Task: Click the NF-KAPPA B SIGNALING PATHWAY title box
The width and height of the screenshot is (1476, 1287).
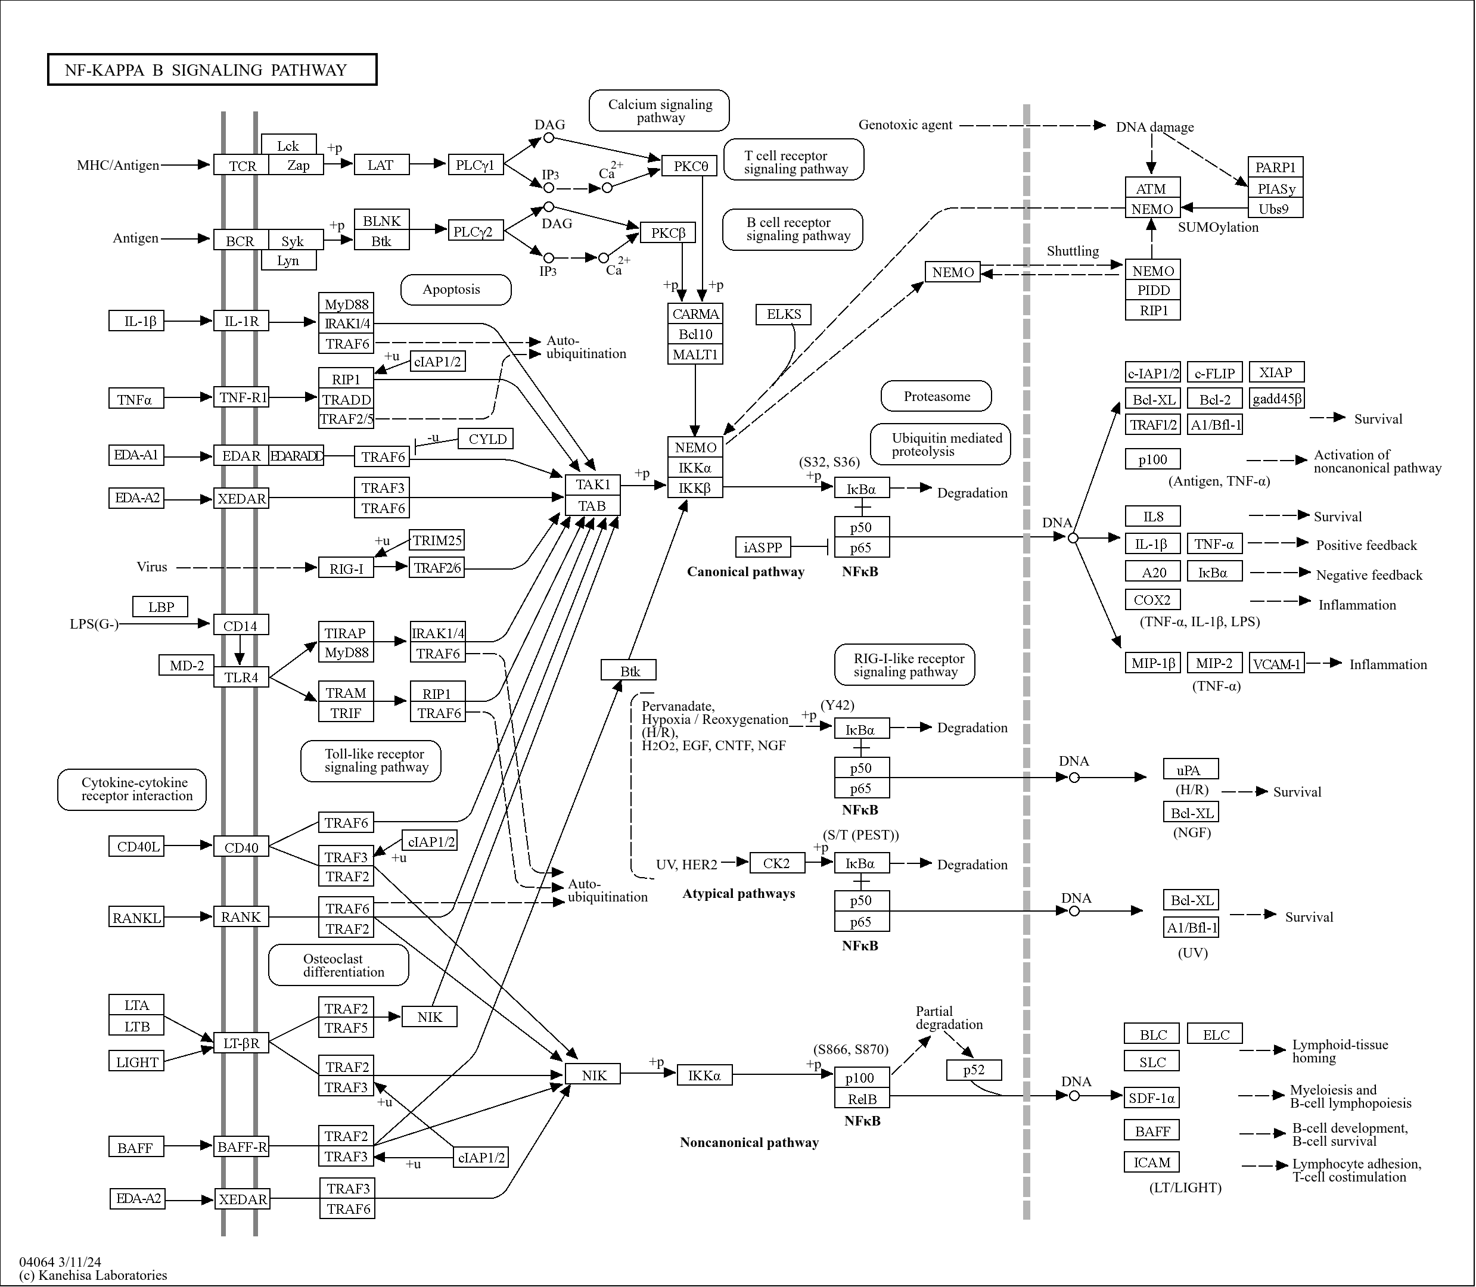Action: (x=212, y=70)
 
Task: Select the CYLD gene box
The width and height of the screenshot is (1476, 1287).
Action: (x=486, y=439)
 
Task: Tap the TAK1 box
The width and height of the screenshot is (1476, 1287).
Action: (x=592, y=485)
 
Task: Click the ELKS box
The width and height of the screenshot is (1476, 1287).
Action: (x=783, y=314)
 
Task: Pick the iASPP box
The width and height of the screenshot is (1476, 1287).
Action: (x=763, y=547)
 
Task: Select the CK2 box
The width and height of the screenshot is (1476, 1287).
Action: (x=776, y=863)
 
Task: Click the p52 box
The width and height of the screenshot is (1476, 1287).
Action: (x=973, y=1070)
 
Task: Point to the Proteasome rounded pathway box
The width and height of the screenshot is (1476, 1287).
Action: (x=936, y=396)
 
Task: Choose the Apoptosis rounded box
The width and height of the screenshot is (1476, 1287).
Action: (x=455, y=290)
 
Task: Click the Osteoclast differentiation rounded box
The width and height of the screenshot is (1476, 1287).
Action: (x=338, y=965)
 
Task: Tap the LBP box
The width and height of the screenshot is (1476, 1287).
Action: (x=160, y=607)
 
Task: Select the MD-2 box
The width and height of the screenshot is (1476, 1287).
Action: (x=186, y=666)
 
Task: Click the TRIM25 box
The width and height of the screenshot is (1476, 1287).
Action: (x=437, y=540)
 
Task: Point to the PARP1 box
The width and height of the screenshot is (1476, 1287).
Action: (x=1275, y=167)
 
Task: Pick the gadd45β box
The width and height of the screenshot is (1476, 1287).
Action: (x=1276, y=399)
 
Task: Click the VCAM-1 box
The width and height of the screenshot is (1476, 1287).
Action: (x=1276, y=664)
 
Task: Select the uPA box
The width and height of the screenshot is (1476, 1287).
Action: (x=1190, y=769)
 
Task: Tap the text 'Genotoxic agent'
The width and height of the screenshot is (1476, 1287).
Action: (x=905, y=125)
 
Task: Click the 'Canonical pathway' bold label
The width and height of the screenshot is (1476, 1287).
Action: (x=745, y=571)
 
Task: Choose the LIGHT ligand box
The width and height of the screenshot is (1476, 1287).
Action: (x=136, y=1062)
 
